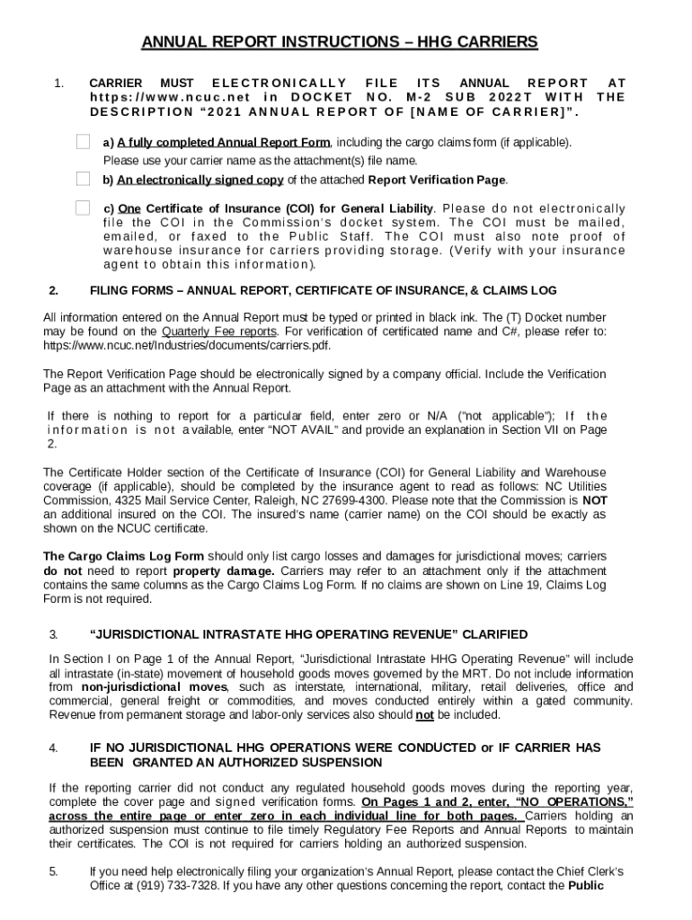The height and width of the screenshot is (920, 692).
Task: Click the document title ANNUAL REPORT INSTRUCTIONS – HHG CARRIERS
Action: (x=340, y=42)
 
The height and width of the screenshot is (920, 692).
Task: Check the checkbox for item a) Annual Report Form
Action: (x=83, y=142)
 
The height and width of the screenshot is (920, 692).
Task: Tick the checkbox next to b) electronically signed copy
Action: (x=83, y=179)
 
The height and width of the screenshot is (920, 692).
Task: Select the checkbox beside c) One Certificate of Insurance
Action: (x=83, y=208)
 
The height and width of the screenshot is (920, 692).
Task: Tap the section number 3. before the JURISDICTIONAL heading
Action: (x=53, y=635)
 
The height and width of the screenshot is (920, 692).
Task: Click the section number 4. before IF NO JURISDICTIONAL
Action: (x=53, y=747)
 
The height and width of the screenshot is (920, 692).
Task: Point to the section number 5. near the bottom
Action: (x=53, y=871)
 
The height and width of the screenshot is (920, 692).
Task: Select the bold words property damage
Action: (x=224, y=571)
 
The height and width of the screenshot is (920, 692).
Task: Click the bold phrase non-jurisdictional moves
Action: (x=152, y=686)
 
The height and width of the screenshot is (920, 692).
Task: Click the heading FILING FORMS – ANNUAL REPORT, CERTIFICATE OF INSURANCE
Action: (x=324, y=290)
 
